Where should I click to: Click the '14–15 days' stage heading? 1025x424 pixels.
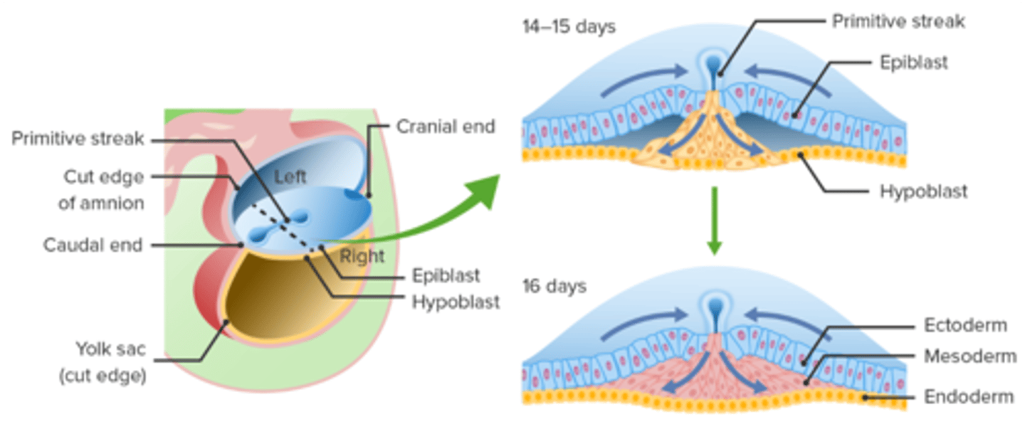568,28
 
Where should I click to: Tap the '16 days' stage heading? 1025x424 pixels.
553,286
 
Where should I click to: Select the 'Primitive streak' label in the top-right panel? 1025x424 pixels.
898,21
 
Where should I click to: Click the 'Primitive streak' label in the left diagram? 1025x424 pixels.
78,139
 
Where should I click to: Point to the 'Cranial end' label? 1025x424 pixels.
446,127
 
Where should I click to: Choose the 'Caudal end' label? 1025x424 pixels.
93,245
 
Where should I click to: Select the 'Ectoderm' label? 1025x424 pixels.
965,325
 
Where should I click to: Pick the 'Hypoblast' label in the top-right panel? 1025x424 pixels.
923,191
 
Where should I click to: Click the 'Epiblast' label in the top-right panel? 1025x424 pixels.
914,63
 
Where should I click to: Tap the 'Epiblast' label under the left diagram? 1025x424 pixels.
446,275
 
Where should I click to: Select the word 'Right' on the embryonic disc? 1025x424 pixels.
362,255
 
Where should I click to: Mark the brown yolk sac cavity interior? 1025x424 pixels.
285,299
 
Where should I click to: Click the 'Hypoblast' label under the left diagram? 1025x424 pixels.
456,302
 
